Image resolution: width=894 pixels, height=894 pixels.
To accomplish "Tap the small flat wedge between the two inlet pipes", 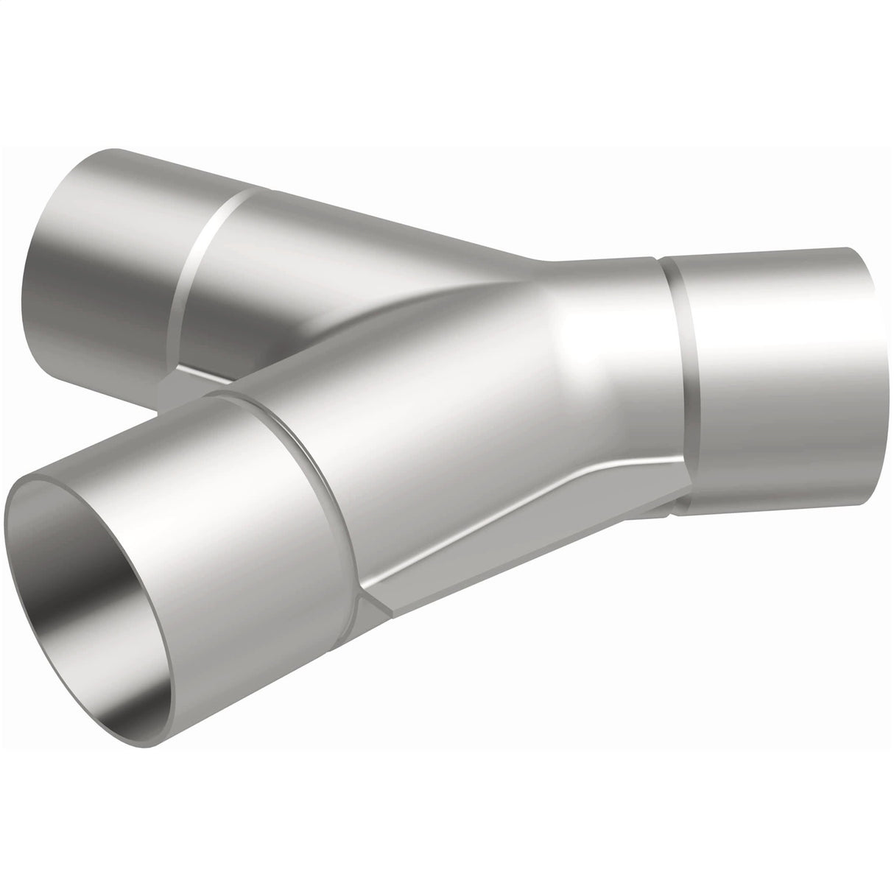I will (x=184, y=379).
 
